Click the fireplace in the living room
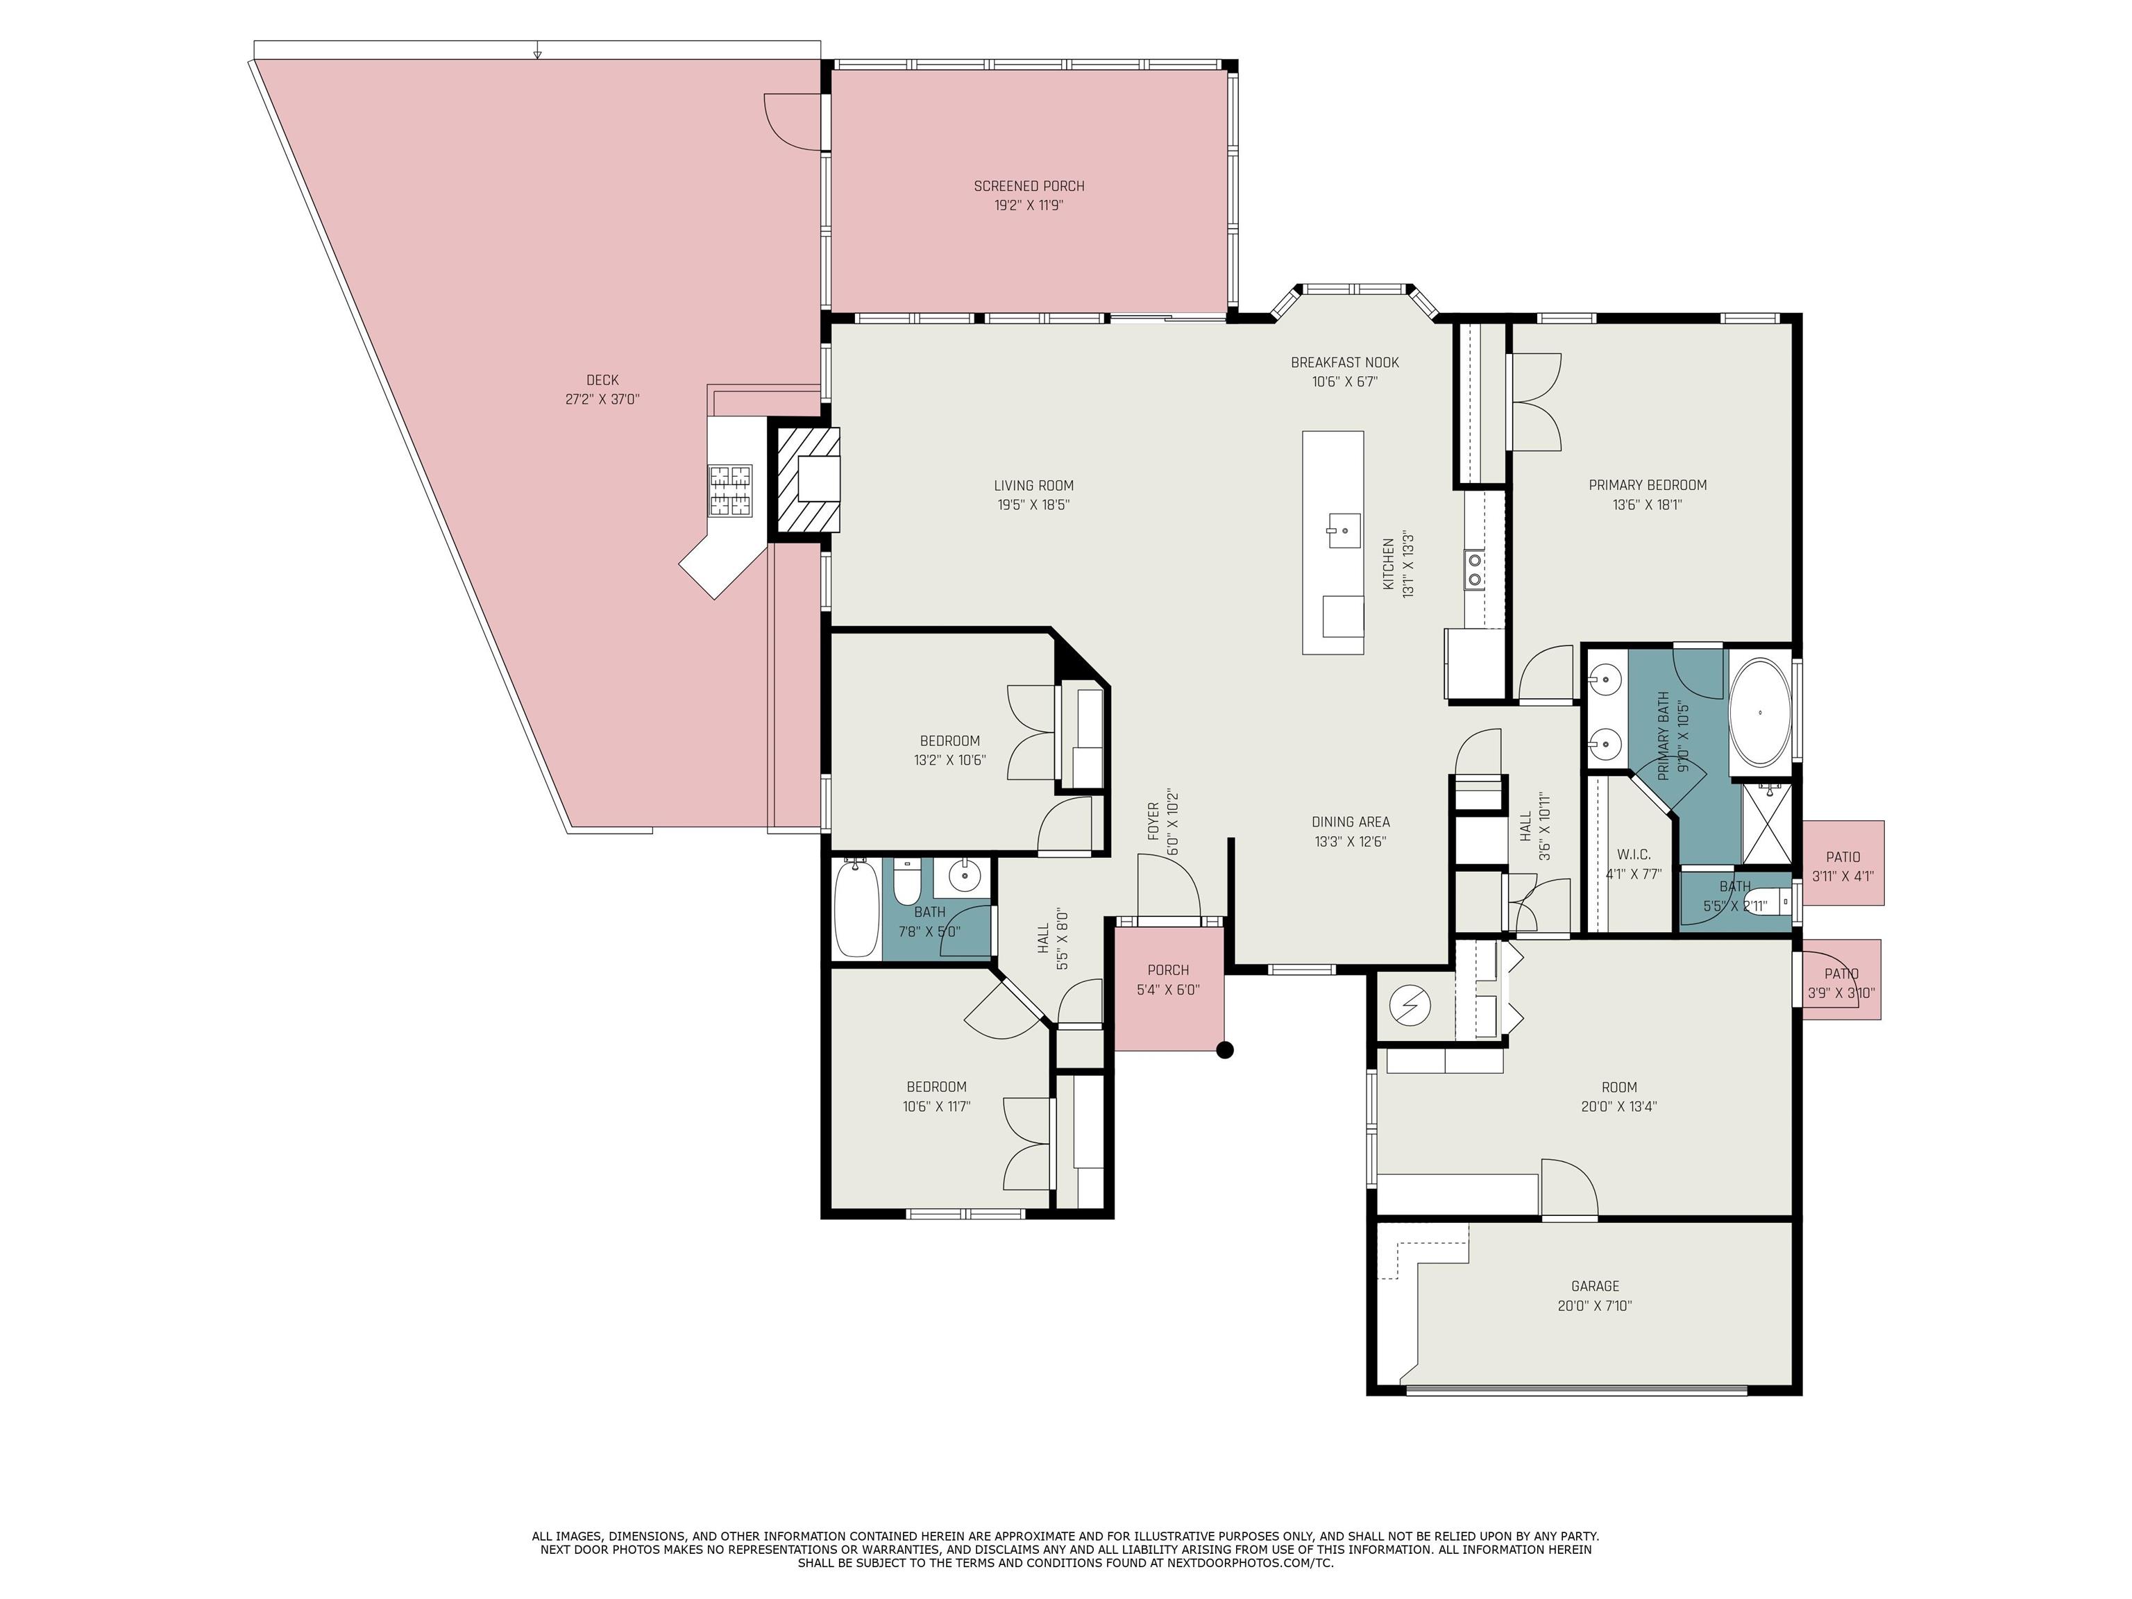808,480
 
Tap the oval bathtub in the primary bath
1760,712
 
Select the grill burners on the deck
731,491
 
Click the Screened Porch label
1029,186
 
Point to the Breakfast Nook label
1344,362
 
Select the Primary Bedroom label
1647,485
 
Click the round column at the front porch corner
1225,1051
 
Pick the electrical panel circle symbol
1410,1006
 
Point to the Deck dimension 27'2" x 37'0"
602,399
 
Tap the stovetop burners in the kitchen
1475,568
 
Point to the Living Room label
1033,486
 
